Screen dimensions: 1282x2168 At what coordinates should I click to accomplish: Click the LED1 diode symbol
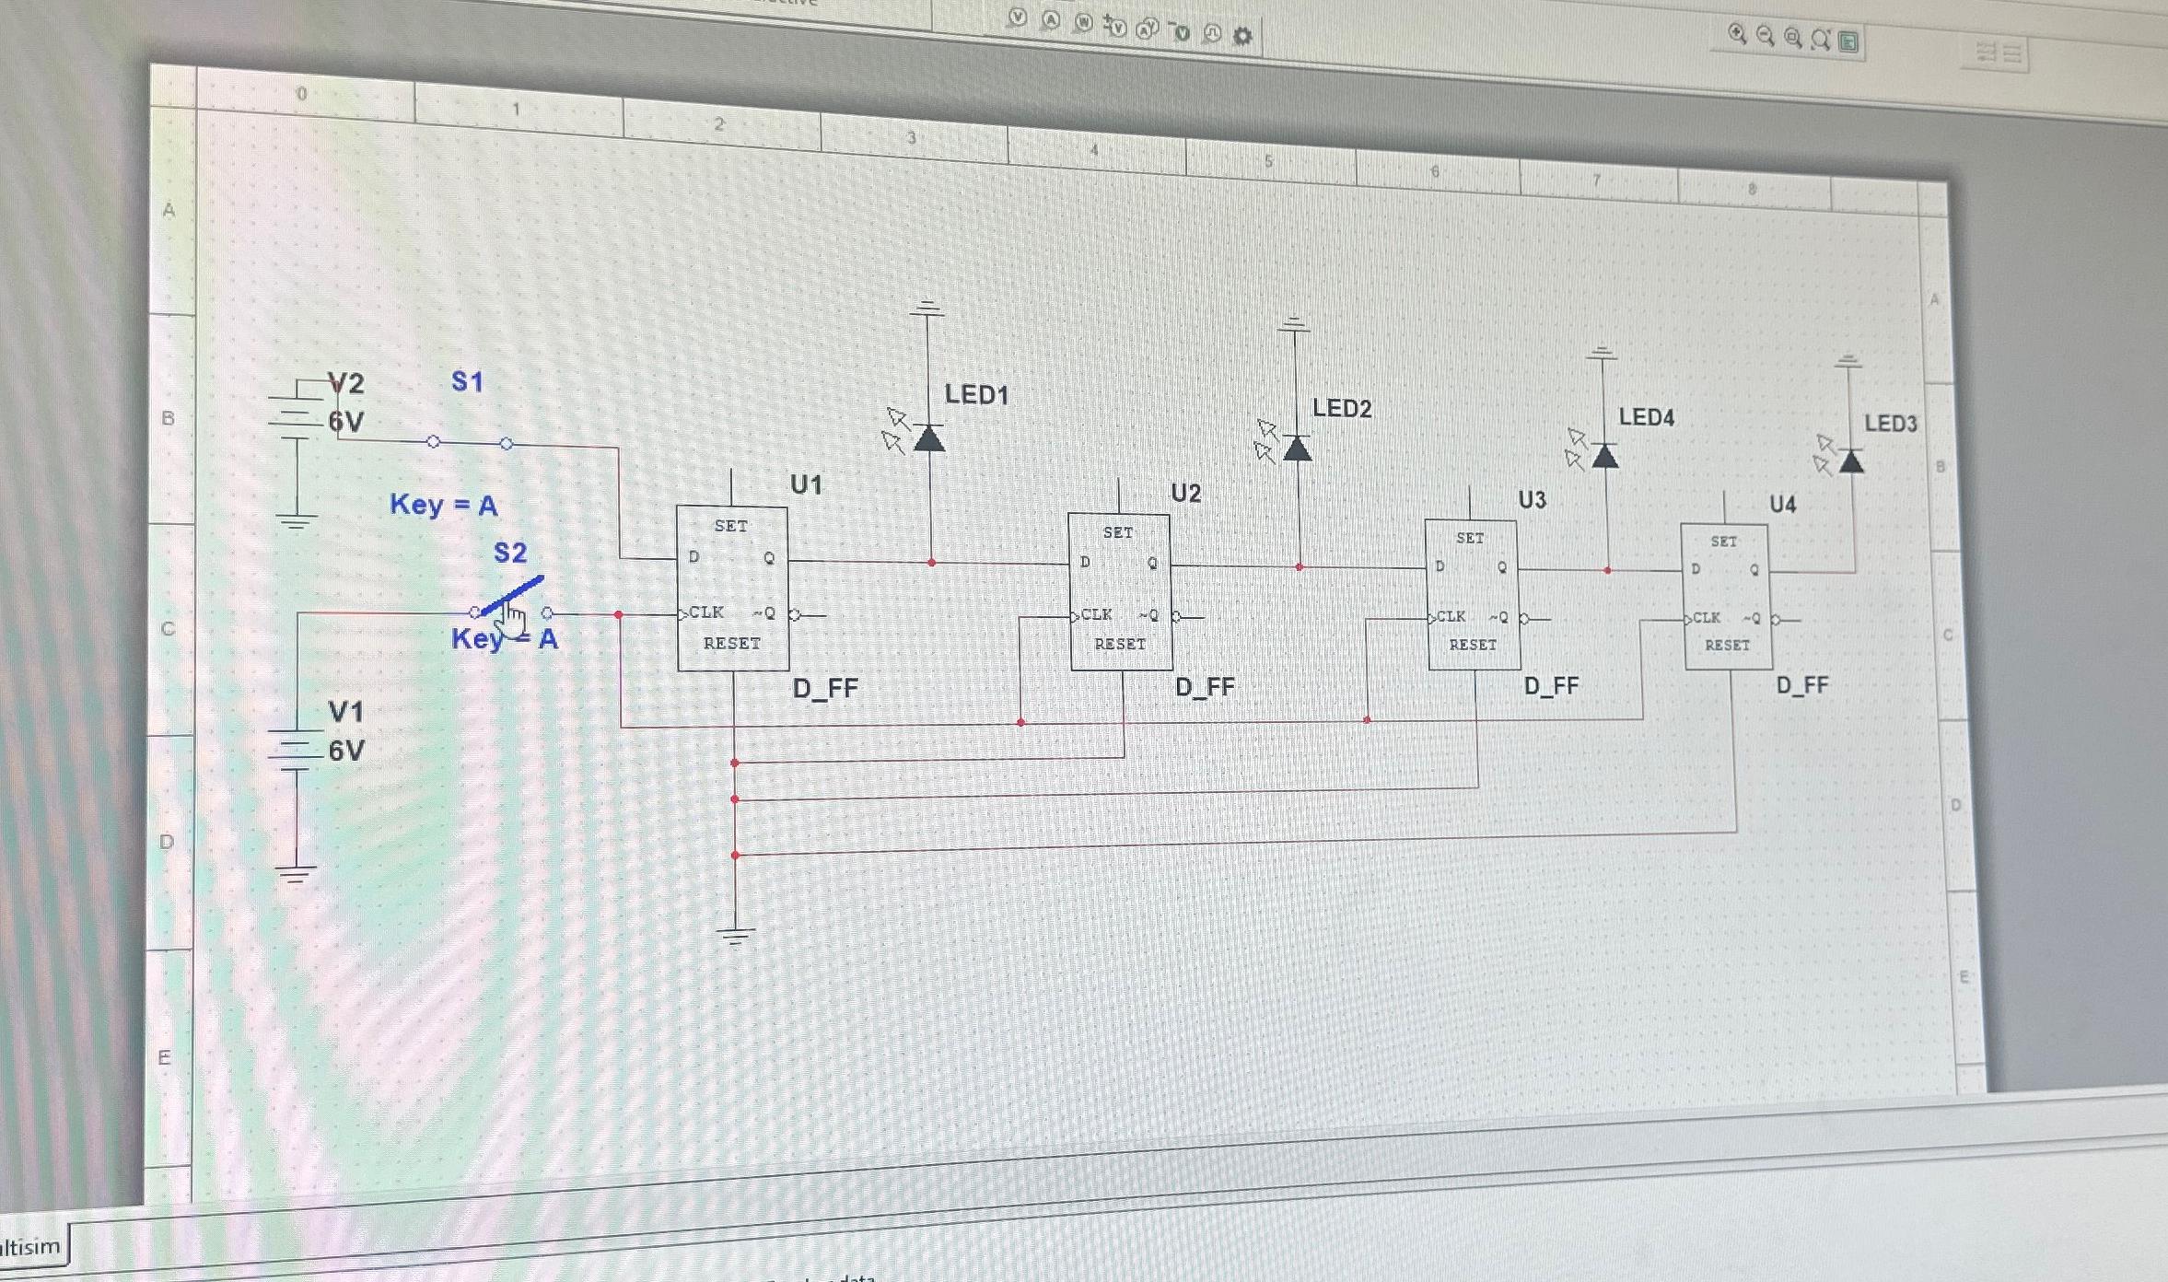tap(929, 439)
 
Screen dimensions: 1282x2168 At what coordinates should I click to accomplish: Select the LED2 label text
tap(1342, 408)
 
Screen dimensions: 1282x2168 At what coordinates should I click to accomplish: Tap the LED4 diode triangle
tap(1605, 456)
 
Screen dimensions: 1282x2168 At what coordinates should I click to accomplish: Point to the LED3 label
tap(1891, 424)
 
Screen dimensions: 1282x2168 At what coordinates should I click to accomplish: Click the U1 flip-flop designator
tap(806, 484)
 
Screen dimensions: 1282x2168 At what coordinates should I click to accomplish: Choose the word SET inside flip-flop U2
tap(1118, 532)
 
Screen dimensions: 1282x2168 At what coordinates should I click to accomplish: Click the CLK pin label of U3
tap(1451, 616)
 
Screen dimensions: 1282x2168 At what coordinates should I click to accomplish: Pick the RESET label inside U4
tap(1727, 646)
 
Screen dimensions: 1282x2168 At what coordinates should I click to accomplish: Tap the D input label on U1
tap(694, 556)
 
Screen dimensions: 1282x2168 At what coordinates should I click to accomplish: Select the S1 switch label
tap(467, 381)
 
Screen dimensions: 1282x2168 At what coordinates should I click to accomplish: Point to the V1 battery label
tap(346, 711)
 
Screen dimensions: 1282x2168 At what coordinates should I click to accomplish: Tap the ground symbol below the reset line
tap(735, 937)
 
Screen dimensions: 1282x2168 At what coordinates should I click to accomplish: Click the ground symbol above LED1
tap(927, 309)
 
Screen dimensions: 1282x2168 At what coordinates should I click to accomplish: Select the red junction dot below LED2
tap(1300, 567)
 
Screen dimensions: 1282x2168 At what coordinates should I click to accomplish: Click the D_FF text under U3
tap(1551, 686)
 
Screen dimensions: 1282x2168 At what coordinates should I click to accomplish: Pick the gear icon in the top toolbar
tap(1242, 37)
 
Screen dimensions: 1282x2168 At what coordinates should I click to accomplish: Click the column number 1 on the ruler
tap(516, 109)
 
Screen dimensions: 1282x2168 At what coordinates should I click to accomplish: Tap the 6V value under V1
tap(346, 751)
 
